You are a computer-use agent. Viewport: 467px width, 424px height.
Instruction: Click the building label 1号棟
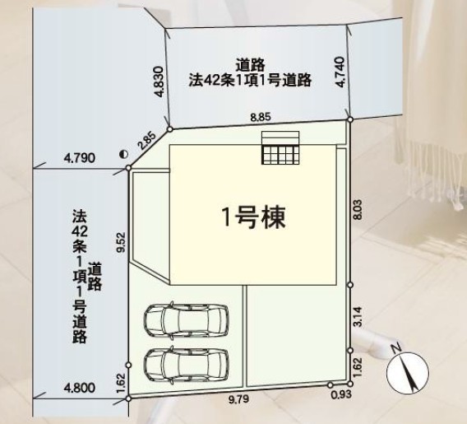tap(254, 217)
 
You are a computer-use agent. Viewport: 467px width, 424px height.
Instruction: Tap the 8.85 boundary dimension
tap(261, 117)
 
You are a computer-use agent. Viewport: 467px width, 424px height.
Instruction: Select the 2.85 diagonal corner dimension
tap(146, 141)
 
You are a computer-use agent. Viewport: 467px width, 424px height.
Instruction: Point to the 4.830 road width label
tap(160, 82)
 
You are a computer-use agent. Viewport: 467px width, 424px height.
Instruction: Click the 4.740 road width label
tap(340, 72)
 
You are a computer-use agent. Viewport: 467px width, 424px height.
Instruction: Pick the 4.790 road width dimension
tap(80, 158)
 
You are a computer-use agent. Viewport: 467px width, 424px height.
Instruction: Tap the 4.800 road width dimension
tap(80, 388)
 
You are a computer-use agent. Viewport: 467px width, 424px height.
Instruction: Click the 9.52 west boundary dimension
tap(121, 242)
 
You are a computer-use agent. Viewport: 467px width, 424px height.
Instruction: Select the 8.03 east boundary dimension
tap(358, 209)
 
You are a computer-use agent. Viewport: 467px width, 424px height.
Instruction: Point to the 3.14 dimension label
tap(358, 316)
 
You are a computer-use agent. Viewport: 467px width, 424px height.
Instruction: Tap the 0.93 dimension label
tap(341, 394)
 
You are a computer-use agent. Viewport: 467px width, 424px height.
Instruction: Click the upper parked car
tap(186, 320)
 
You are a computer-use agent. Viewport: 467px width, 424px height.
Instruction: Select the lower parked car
tap(186, 364)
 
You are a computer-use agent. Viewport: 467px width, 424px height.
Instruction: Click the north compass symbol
tap(408, 371)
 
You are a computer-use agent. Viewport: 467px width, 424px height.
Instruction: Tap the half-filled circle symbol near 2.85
tap(123, 154)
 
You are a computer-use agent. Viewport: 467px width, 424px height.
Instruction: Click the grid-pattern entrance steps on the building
tap(280, 155)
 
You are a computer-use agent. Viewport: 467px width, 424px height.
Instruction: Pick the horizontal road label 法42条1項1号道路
tap(250, 80)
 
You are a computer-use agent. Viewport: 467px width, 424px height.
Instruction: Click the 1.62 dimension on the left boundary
tap(121, 382)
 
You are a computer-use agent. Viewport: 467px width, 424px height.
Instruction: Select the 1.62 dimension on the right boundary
tap(358, 367)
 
